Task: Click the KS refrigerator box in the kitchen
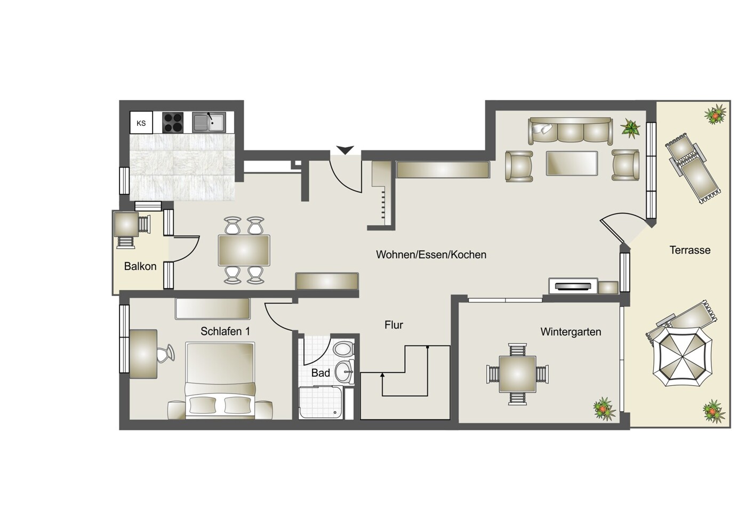point(141,123)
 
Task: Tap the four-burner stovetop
point(173,122)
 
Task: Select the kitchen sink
point(209,122)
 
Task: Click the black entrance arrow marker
point(345,150)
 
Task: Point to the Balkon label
point(140,266)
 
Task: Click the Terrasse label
point(690,250)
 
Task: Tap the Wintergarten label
point(571,332)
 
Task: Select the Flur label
point(394,325)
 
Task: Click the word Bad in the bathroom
point(320,373)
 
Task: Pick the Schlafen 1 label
point(225,331)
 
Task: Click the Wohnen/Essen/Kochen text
point(431,254)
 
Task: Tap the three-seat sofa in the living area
point(570,131)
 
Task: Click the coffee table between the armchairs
point(572,163)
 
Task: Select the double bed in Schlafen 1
point(220,380)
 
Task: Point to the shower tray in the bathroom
point(320,402)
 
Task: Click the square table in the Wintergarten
point(518,374)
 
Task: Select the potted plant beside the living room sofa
point(630,128)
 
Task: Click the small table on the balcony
point(126,224)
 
